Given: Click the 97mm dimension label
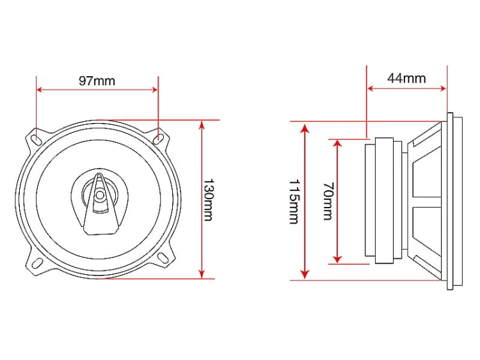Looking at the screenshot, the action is [x=97, y=81].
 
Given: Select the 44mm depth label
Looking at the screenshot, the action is [x=406, y=78].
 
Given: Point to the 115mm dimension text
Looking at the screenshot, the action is [x=294, y=202].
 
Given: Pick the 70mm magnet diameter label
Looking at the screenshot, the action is [x=328, y=201].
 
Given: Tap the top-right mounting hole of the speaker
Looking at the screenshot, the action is [x=158, y=138].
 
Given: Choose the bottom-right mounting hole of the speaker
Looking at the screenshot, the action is [x=163, y=258].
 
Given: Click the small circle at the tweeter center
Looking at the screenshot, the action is [x=99, y=195].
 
